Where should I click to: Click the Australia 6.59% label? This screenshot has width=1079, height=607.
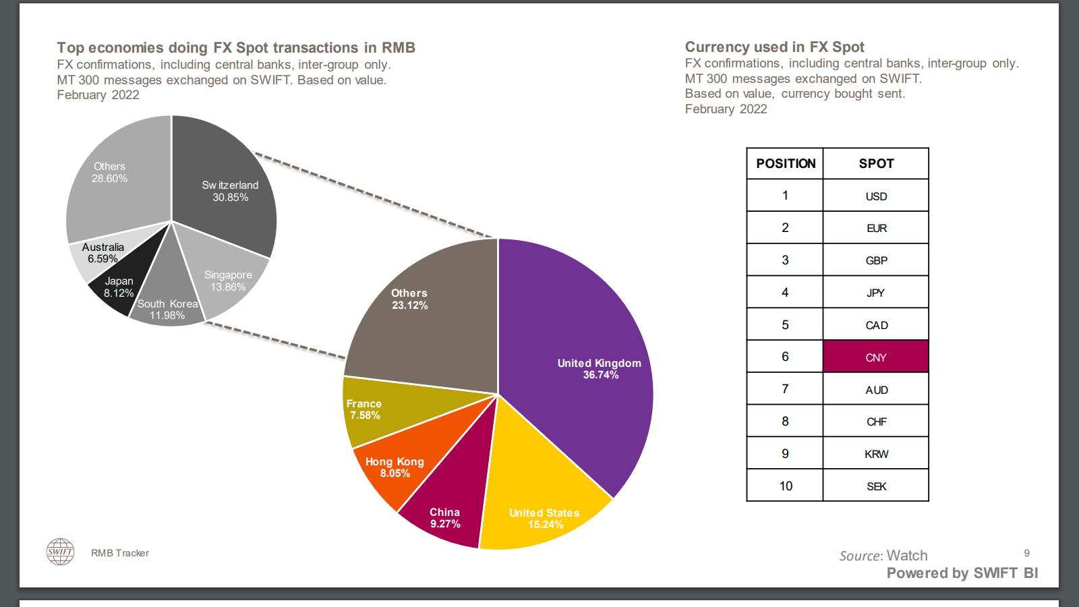103,253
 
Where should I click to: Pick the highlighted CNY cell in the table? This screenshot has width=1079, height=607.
875,357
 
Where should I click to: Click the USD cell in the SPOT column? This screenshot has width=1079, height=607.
875,196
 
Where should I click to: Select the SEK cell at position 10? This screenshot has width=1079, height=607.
875,486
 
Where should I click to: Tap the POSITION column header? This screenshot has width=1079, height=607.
786,164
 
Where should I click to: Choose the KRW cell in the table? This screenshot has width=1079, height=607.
875,454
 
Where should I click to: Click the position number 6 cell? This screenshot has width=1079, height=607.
785,357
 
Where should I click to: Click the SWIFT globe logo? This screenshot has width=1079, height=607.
60,552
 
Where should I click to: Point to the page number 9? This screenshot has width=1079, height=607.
1026,553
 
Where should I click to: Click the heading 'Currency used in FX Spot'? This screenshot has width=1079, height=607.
774,47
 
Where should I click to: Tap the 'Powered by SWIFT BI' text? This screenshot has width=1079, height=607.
962,573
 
